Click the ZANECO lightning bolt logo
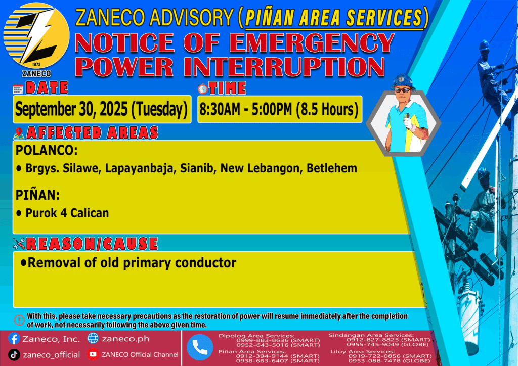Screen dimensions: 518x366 click(36, 36)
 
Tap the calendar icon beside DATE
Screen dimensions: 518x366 click(18, 89)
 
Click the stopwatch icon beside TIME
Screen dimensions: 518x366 click(203, 88)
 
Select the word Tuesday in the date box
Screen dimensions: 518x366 click(159, 109)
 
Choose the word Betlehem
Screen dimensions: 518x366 click(332, 168)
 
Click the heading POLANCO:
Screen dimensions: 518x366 click(47, 151)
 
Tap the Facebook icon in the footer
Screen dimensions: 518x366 click(14, 339)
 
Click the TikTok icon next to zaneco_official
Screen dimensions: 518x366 click(14, 355)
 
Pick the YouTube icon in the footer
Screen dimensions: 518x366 click(93, 354)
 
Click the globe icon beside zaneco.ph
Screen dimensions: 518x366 click(93, 338)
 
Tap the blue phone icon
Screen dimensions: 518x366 click(200, 347)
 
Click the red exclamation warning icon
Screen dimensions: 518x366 click(19, 320)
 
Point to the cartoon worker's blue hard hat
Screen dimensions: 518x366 click(402, 81)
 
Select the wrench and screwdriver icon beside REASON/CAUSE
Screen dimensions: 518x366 click(19, 244)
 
